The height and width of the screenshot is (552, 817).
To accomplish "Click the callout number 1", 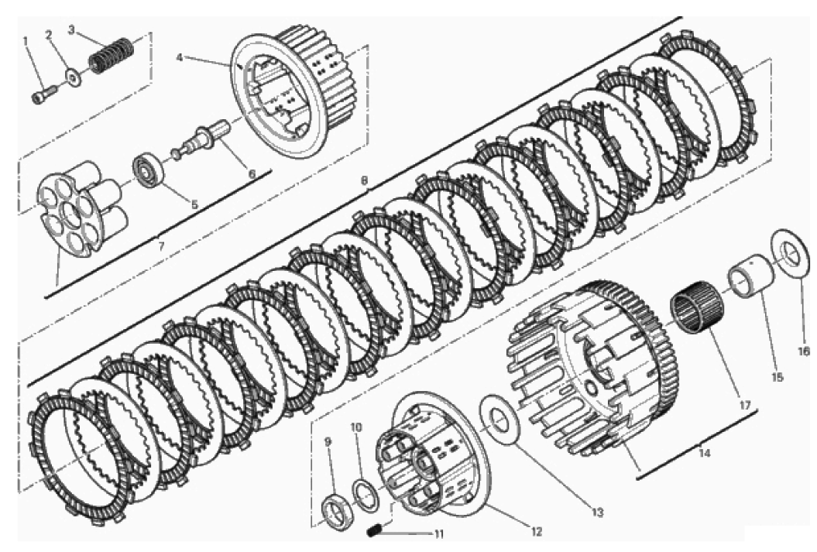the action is pos(25,40).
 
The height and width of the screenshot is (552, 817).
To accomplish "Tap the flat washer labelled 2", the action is pos(73,77).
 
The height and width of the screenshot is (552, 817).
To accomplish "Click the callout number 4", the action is pos(180,57).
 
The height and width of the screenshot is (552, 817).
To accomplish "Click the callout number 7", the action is pos(162,246).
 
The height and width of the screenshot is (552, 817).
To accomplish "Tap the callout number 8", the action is pos(364,180).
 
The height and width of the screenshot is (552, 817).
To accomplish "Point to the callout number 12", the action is pos(537,532).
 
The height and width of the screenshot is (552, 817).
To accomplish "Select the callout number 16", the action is pos(804,351).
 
